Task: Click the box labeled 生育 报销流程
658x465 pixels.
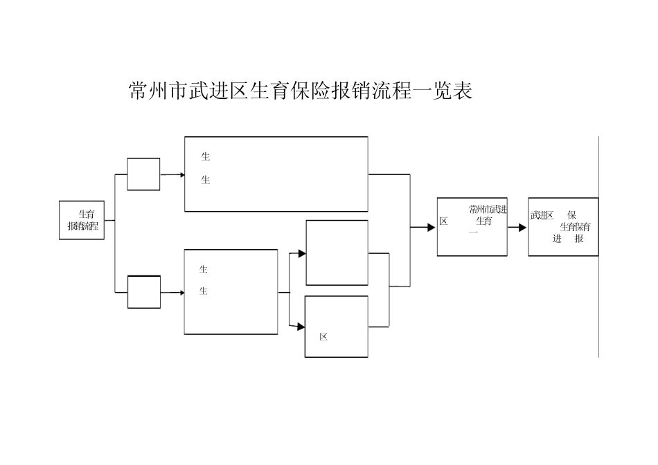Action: pyautogui.click(x=82, y=220)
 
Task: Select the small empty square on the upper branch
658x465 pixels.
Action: pyautogui.click(x=143, y=174)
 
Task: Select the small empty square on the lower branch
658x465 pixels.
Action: pyautogui.click(x=143, y=291)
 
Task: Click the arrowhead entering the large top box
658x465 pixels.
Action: pyautogui.click(x=182, y=175)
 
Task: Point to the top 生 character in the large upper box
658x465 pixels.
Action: pyautogui.click(x=205, y=157)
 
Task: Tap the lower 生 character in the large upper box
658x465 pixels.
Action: pyautogui.click(x=205, y=181)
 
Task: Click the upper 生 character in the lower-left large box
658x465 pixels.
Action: pyautogui.click(x=204, y=269)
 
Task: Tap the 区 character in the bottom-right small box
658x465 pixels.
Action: pyautogui.click(x=323, y=337)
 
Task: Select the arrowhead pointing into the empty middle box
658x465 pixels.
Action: pyautogui.click(x=302, y=254)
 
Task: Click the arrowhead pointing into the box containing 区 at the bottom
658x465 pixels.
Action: pyautogui.click(x=301, y=327)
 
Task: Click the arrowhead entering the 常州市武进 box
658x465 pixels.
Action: pyautogui.click(x=432, y=227)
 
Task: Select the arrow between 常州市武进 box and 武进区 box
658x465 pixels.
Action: pyautogui.click(x=517, y=227)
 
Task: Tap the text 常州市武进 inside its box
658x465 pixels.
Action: pyautogui.click(x=488, y=209)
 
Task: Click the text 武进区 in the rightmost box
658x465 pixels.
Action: pyautogui.click(x=542, y=215)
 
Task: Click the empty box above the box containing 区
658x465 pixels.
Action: pyautogui.click(x=337, y=253)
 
